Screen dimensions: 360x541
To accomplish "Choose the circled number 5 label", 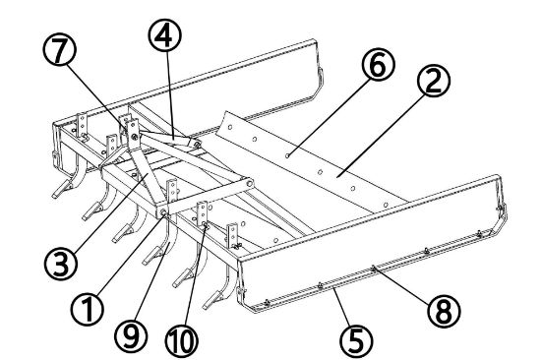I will click(355, 340).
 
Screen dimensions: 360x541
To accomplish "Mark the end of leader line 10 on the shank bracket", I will click(204, 226).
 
